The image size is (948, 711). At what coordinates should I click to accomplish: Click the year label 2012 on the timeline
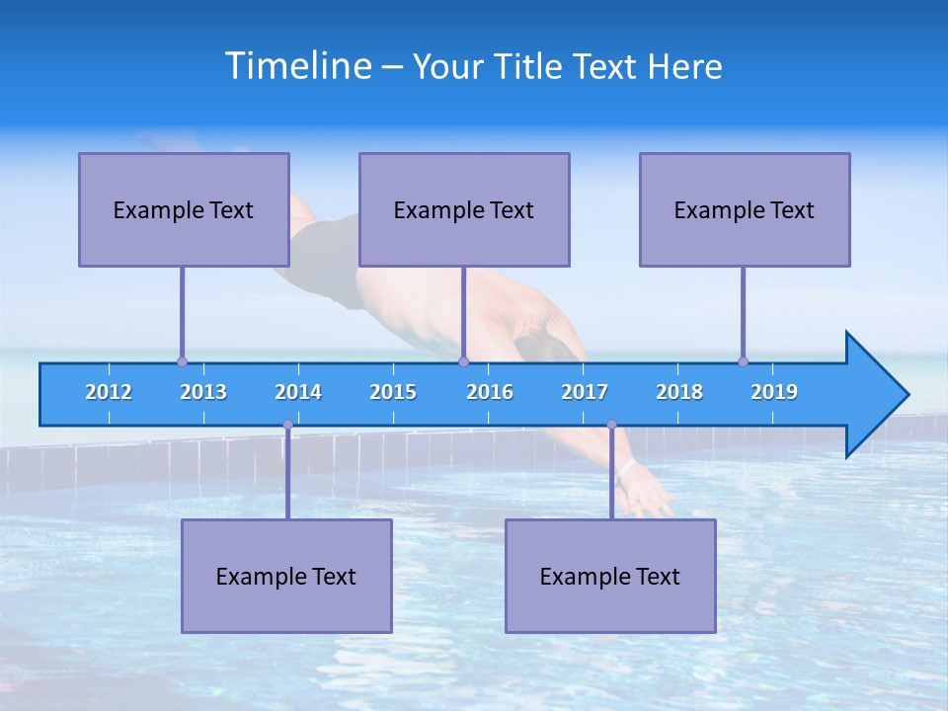pyautogui.click(x=109, y=392)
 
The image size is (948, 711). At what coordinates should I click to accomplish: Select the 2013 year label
pyautogui.click(x=203, y=392)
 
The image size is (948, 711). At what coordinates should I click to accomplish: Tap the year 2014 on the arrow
pyautogui.click(x=298, y=392)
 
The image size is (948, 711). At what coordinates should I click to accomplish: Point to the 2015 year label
pyautogui.click(x=393, y=392)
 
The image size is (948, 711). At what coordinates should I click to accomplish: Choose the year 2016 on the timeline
pyautogui.click(x=490, y=392)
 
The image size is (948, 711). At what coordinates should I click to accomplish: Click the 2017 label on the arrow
pyautogui.click(x=585, y=392)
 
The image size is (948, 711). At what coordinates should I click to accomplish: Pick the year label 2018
pyautogui.click(x=679, y=392)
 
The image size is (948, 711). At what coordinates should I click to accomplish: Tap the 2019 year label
pyautogui.click(x=774, y=392)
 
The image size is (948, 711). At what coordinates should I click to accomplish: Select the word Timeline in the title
pyautogui.click(x=298, y=66)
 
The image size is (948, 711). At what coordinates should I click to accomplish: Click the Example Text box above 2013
pyautogui.click(x=184, y=209)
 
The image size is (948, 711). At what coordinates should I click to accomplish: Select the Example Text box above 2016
pyautogui.click(x=464, y=209)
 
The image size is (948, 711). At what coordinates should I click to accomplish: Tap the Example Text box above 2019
pyautogui.click(x=745, y=209)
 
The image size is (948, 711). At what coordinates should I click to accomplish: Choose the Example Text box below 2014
pyautogui.click(x=286, y=576)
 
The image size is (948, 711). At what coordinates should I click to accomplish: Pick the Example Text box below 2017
pyautogui.click(x=610, y=576)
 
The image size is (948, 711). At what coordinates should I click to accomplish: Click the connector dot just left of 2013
pyautogui.click(x=182, y=361)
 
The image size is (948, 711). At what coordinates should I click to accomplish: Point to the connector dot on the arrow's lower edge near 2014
pyautogui.click(x=287, y=425)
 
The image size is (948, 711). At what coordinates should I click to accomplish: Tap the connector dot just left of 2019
pyautogui.click(x=743, y=361)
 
